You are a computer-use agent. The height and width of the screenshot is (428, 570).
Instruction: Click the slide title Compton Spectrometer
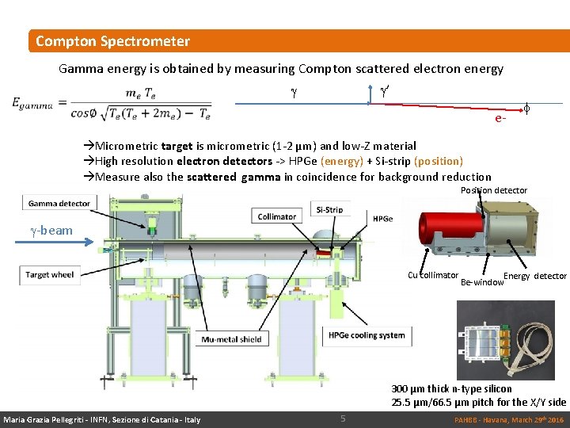pos(112,41)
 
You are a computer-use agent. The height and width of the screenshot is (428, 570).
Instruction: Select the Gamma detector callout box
pos(59,204)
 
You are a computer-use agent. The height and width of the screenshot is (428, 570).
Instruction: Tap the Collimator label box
pos(277,216)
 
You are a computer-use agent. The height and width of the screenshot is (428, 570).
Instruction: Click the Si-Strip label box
pos(329,210)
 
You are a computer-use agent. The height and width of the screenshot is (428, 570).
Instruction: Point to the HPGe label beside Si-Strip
pos(383,218)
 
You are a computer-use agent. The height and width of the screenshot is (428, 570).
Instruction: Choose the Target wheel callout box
pos(49,275)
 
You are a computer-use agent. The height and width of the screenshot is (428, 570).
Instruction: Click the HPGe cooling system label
pos(367,334)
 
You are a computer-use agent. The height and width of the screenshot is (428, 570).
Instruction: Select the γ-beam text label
pos(51,231)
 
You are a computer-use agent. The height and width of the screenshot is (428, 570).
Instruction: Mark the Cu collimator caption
pos(433,275)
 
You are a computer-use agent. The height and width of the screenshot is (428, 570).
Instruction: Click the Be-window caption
pos(481,282)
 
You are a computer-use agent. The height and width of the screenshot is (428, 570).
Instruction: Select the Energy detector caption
pos(535,276)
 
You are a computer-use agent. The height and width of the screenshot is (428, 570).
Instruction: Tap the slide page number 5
pos(343,418)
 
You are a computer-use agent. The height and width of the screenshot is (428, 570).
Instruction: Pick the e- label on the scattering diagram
pos(500,119)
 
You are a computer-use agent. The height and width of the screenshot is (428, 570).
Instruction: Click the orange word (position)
pos(437,161)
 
